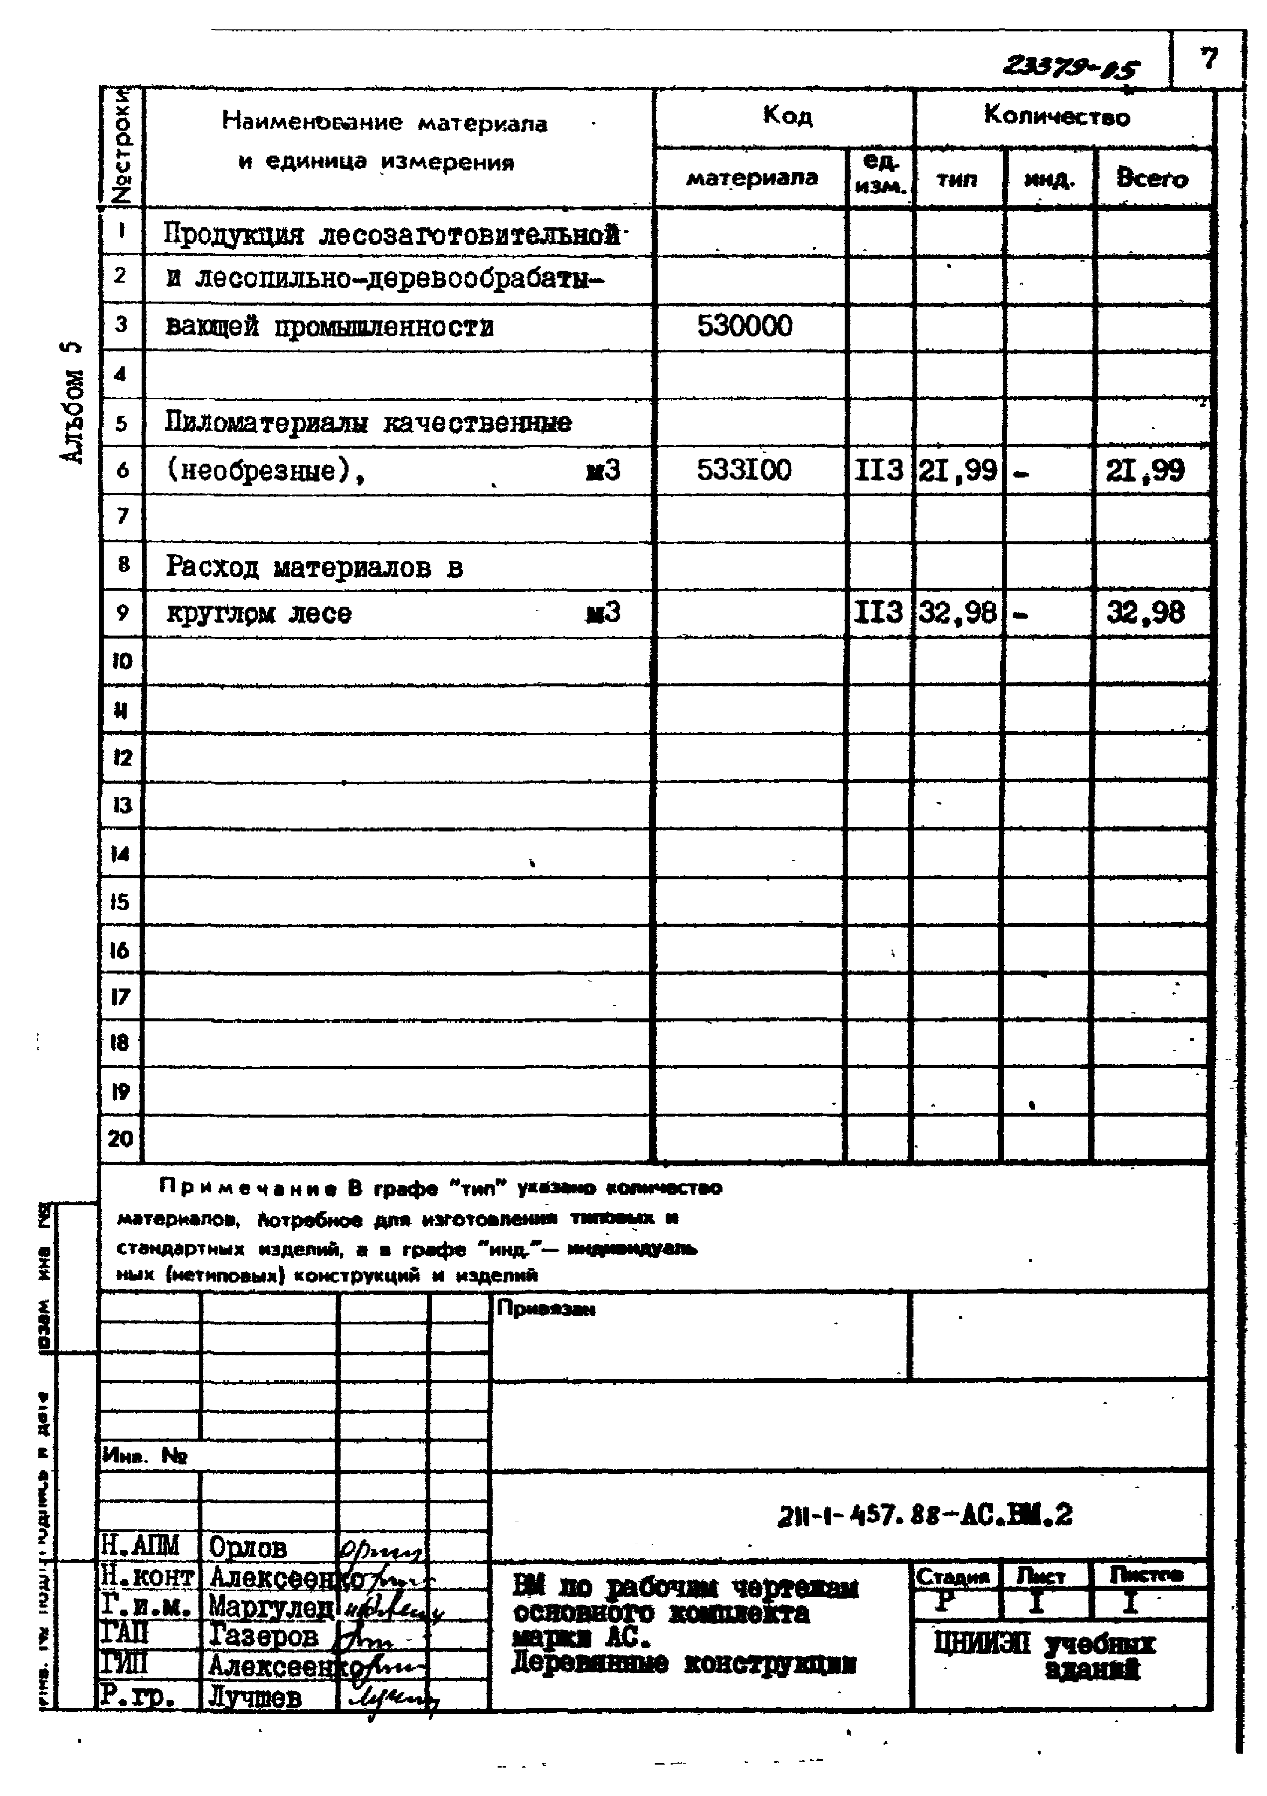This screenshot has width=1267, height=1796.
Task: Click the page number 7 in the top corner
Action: tap(1209, 59)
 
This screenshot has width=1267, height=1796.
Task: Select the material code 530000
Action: tap(744, 326)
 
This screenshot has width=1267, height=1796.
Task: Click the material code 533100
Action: tap(744, 470)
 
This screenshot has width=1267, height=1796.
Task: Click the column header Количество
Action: tap(1057, 117)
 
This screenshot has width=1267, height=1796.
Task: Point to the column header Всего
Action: tap(1152, 178)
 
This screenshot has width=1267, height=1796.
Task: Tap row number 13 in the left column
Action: tap(121, 805)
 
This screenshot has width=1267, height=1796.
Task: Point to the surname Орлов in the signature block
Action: tap(248, 1547)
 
